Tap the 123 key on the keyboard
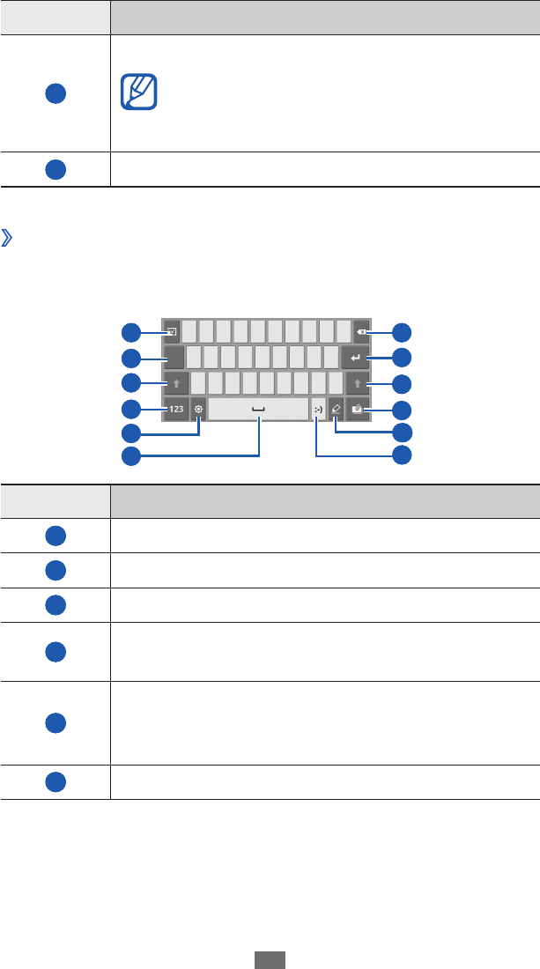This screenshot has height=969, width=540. (x=177, y=409)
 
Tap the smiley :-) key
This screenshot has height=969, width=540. (x=318, y=409)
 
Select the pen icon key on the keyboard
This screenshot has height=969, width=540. (x=336, y=409)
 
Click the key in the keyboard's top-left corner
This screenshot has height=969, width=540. (x=172, y=332)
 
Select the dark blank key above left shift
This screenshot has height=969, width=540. (x=174, y=358)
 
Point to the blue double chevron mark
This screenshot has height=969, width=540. (x=9, y=240)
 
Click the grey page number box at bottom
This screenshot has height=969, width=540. (x=270, y=959)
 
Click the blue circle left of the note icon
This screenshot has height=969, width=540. (x=55, y=96)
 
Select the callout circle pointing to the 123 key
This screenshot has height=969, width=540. (x=130, y=409)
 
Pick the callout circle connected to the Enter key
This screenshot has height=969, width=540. (x=402, y=358)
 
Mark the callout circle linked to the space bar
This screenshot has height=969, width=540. (x=130, y=455)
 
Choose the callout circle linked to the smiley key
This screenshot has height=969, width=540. (x=402, y=455)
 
